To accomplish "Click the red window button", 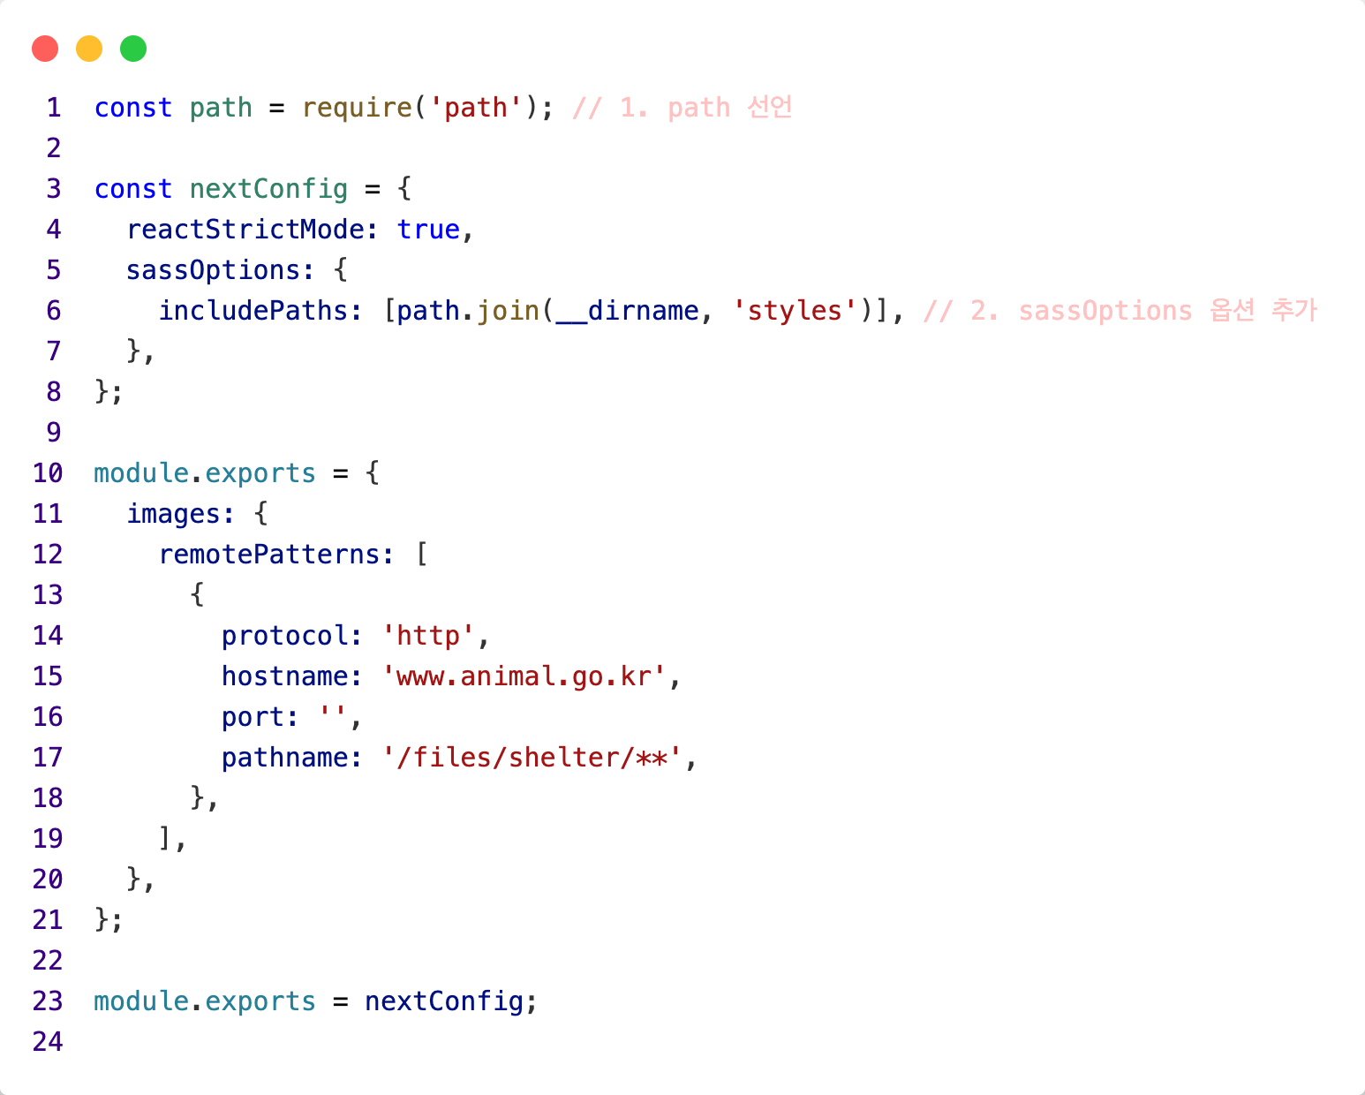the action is click(x=45, y=49).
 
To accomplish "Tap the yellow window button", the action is click(x=89, y=49).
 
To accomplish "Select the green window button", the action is click(x=133, y=49).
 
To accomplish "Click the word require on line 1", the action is click(x=357, y=108).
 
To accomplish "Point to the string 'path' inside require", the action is click(x=476, y=108).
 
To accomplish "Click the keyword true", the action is click(x=428, y=230).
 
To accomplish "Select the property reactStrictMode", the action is click(x=245, y=230).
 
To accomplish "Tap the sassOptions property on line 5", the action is click(x=214, y=270).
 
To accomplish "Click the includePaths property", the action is click(x=253, y=311).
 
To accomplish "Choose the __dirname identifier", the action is click(x=627, y=311).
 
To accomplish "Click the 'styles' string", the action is click(x=795, y=311).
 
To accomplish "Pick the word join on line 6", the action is click(x=508, y=311).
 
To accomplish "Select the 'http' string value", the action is click(x=428, y=636).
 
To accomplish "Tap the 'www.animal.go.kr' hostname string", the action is click(x=524, y=676).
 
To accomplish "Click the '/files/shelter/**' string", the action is click(x=532, y=758).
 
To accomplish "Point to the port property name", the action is click(x=253, y=717).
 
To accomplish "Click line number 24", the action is click(x=48, y=1042).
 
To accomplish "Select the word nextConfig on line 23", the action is click(x=444, y=1001).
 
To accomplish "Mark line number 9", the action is click(x=54, y=433).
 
